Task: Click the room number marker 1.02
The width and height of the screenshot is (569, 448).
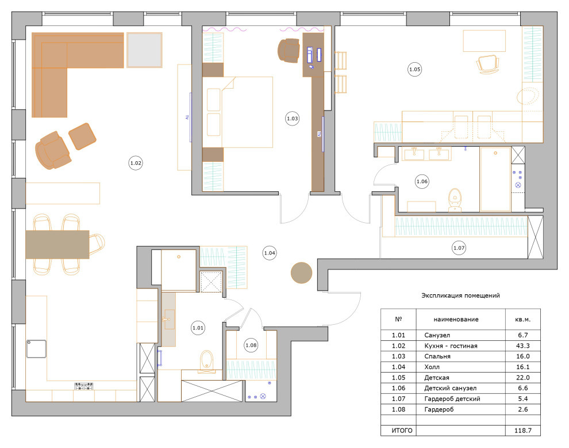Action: click(x=136, y=163)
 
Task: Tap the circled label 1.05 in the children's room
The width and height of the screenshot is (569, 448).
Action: click(x=415, y=69)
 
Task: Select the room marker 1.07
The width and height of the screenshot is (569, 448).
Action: click(x=459, y=248)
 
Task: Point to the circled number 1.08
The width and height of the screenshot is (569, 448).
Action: click(x=251, y=345)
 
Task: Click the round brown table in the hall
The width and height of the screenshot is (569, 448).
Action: click(x=301, y=273)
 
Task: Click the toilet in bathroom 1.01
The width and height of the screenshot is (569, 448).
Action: click(x=207, y=361)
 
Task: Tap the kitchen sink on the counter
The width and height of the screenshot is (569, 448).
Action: click(x=36, y=349)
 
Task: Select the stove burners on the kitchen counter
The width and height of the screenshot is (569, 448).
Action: click(x=84, y=386)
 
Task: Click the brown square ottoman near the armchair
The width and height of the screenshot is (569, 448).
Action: click(x=82, y=136)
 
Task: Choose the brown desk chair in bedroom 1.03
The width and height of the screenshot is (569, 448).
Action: click(x=289, y=50)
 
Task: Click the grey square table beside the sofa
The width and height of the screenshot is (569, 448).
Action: click(x=144, y=50)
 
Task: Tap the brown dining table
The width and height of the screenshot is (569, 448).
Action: click(x=57, y=244)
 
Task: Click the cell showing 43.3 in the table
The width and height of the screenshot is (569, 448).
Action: click(x=523, y=346)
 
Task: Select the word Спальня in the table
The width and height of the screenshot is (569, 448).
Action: click(x=437, y=356)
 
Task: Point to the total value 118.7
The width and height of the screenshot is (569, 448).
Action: click(x=523, y=431)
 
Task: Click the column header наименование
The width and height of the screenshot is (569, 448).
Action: click(x=456, y=319)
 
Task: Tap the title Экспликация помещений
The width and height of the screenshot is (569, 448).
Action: click(x=460, y=295)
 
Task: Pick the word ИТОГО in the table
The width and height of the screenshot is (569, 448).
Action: click(x=402, y=431)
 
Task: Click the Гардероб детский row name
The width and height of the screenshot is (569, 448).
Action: click(x=452, y=399)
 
